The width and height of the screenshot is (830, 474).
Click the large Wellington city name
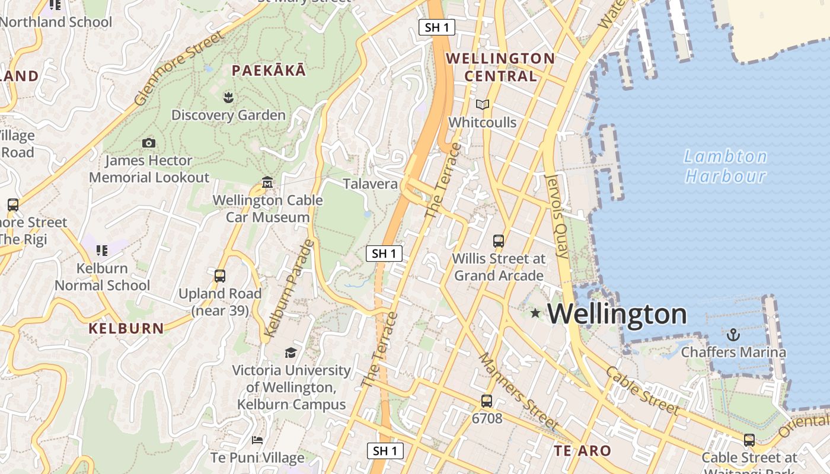click(617, 313)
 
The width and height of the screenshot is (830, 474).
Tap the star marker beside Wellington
click(535, 312)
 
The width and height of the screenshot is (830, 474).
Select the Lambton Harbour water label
click(725, 166)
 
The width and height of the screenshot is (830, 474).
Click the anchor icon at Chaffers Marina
click(733, 335)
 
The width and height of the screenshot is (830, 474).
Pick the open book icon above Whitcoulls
click(483, 105)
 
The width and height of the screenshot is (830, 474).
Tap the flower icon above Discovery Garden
click(228, 97)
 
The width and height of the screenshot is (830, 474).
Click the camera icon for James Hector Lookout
click(149, 143)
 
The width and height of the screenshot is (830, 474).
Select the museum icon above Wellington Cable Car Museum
click(267, 182)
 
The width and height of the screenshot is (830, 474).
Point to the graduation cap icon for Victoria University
click(290, 353)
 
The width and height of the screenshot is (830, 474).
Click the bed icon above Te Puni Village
click(257, 440)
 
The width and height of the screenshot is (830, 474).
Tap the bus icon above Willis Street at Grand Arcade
click(498, 241)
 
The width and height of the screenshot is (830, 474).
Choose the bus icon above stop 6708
click(487, 401)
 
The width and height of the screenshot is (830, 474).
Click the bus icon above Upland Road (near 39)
click(220, 276)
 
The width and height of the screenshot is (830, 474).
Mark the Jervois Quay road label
click(556, 217)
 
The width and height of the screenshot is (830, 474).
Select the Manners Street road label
click(518, 392)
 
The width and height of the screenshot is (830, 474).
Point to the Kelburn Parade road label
click(288, 289)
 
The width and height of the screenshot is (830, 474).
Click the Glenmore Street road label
click(179, 68)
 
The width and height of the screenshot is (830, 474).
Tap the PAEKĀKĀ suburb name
click(269, 71)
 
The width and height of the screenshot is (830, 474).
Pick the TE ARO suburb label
click(582, 451)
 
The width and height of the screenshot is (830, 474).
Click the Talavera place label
click(370, 184)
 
